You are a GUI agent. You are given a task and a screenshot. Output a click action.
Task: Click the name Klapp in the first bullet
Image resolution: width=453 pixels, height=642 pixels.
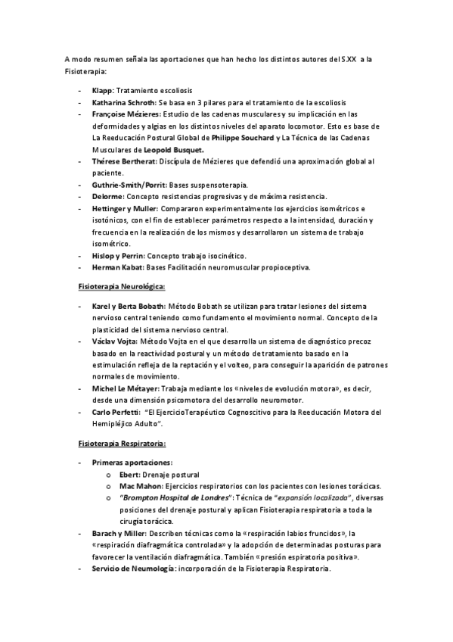coord(102,90)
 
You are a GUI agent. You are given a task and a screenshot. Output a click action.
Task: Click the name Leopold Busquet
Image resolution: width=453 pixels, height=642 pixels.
coord(173,150)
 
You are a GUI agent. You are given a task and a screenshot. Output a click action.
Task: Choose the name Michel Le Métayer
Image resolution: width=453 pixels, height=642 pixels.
coord(126,388)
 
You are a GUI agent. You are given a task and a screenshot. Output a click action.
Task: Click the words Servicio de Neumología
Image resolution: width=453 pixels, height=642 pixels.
coord(133,569)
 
